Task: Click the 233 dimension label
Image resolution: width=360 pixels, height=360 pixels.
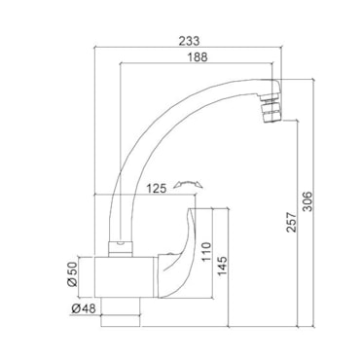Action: [x=189, y=41]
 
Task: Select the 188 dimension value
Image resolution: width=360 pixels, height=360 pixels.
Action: [x=198, y=56]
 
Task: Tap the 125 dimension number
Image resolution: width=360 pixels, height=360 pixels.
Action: [x=157, y=188]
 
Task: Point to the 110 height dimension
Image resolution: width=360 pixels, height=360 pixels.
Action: [x=206, y=252]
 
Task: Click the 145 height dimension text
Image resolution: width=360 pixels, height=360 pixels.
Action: [x=222, y=267]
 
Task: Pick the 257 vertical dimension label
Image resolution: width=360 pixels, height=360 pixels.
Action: [x=291, y=222]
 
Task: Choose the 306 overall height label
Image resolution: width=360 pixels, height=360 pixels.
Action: [x=307, y=201]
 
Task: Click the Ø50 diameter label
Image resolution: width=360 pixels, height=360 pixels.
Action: [x=72, y=274]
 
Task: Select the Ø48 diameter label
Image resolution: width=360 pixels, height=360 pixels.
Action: [x=84, y=308]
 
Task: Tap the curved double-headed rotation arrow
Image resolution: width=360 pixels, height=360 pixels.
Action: [x=188, y=183]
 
